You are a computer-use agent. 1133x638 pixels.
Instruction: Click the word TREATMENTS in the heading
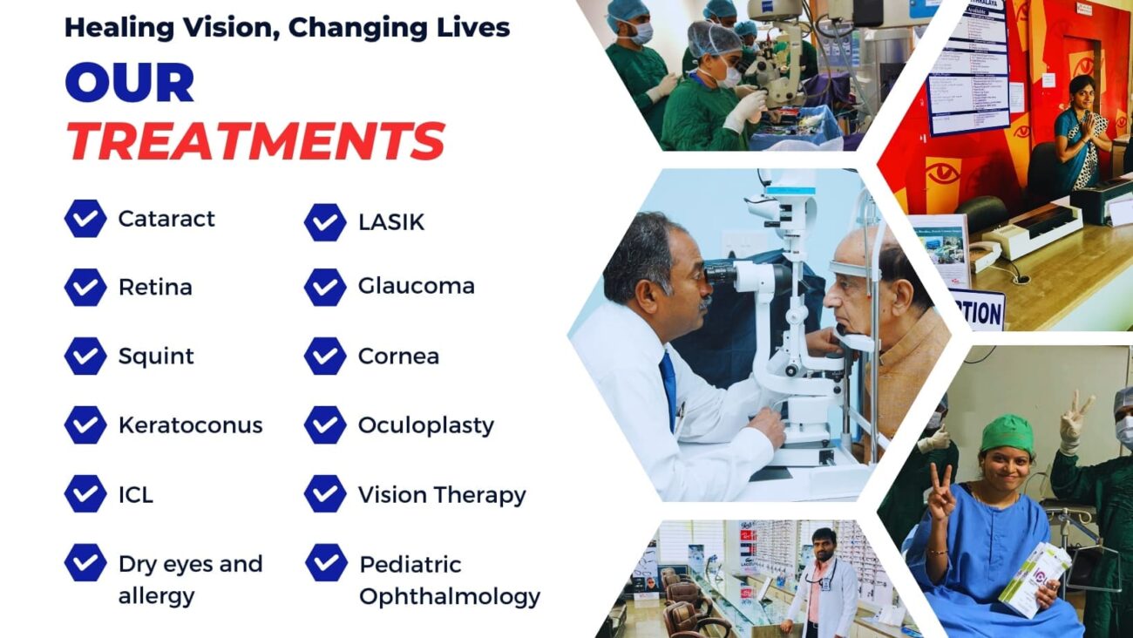click(255, 140)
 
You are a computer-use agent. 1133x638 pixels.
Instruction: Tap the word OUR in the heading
click(129, 84)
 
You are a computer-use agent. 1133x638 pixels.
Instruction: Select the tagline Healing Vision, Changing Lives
click(287, 27)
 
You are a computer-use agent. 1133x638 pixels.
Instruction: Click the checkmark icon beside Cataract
click(85, 219)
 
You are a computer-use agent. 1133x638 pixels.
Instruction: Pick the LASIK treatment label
click(391, 222)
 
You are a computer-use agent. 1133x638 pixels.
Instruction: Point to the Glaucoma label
click(416, 286)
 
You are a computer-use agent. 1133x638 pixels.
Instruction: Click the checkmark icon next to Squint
click(85, 356)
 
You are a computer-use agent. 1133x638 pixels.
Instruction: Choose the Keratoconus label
click(190, 425)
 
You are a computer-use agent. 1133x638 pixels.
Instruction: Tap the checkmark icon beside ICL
click(85, 494)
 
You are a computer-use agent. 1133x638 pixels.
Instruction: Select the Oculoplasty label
click(425, 425)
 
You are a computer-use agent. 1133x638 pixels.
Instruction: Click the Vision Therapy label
click(442, 495)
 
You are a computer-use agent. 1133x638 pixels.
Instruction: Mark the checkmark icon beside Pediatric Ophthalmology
click(326, 563)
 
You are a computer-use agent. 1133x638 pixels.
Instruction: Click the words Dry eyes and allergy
click(190, 580)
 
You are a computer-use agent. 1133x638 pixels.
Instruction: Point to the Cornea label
click(398, 356)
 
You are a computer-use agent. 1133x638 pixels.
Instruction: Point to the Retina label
click(155, 287)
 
